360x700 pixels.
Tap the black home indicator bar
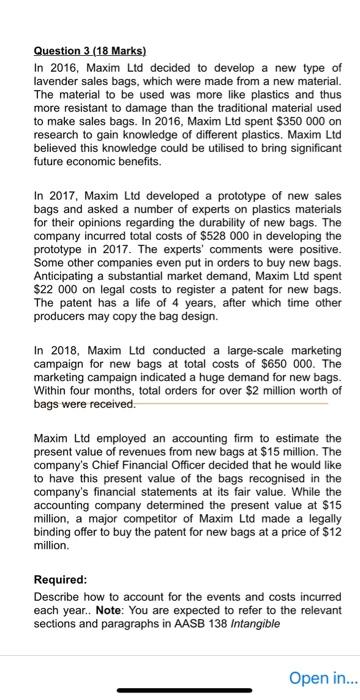click(x=179, y=689)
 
